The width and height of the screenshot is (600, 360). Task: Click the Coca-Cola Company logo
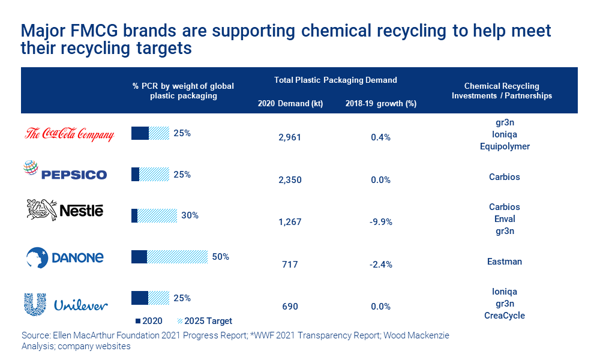pyautogui.click(x=69, y=134)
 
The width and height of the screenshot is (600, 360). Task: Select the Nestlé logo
pyautogui.click(x=65, y=210)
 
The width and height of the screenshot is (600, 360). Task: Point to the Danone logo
pyautogui.click(x=65, y=257)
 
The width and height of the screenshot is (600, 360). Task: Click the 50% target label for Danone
pyautogui.click(x=220, y=257)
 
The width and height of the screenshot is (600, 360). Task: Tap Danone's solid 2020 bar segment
pyautogui.click(x=139, y=257)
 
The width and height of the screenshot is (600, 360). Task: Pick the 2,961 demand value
pyautogui.click(x=289, y=137)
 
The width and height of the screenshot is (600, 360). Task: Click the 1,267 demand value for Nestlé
pyautogui.click(x=289, y=221)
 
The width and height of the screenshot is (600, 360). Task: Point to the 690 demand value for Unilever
pyautogui.click(x=290, y=307)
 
